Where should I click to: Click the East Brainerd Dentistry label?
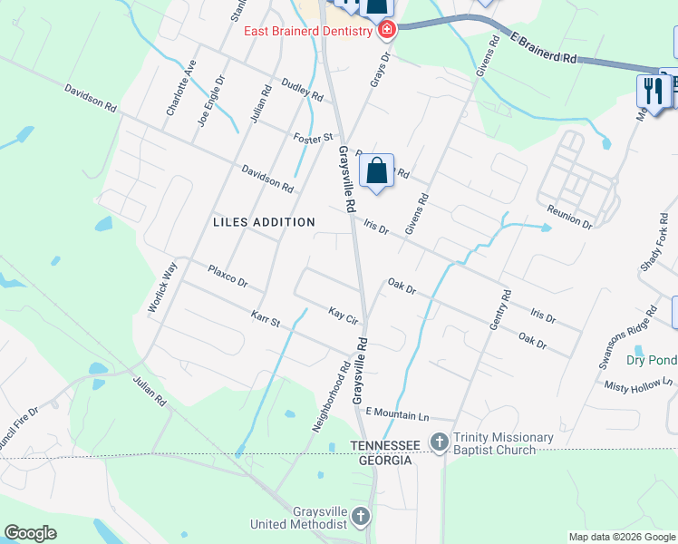[x=309, y=32]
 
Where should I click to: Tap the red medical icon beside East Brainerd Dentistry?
[x=387, y=31]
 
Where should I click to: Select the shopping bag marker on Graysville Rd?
[x=376, y=170]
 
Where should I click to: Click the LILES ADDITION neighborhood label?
[x=264, y=222]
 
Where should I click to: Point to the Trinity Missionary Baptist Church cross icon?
[x=440, y=442]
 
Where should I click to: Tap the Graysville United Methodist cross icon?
[x=361, y=518]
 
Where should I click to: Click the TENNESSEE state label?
[x=384, y=446]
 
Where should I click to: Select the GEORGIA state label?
[x=384, y=461]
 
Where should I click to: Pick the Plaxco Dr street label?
[x=228, y=277]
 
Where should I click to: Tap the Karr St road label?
[x=266, y=319]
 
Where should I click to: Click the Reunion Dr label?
[x=569, y=217]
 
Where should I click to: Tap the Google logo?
[x=31, y=533]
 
